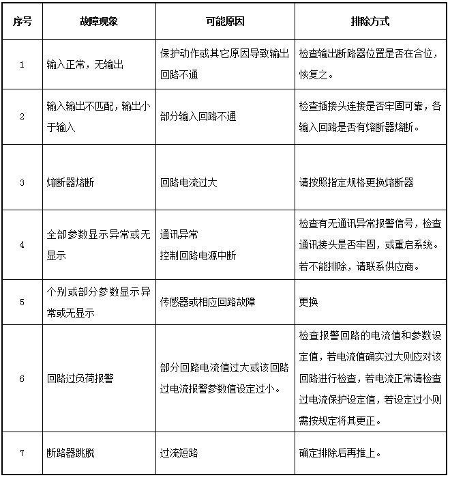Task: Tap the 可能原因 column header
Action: [224, 21]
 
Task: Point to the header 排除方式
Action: [370, 21]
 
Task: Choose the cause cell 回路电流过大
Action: [189, 183]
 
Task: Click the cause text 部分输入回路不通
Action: [198, 117]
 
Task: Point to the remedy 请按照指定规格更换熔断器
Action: [356, 183]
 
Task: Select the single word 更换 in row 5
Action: [308, 302]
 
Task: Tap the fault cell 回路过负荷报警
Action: [79, 378]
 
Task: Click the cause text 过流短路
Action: [179, 452]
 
